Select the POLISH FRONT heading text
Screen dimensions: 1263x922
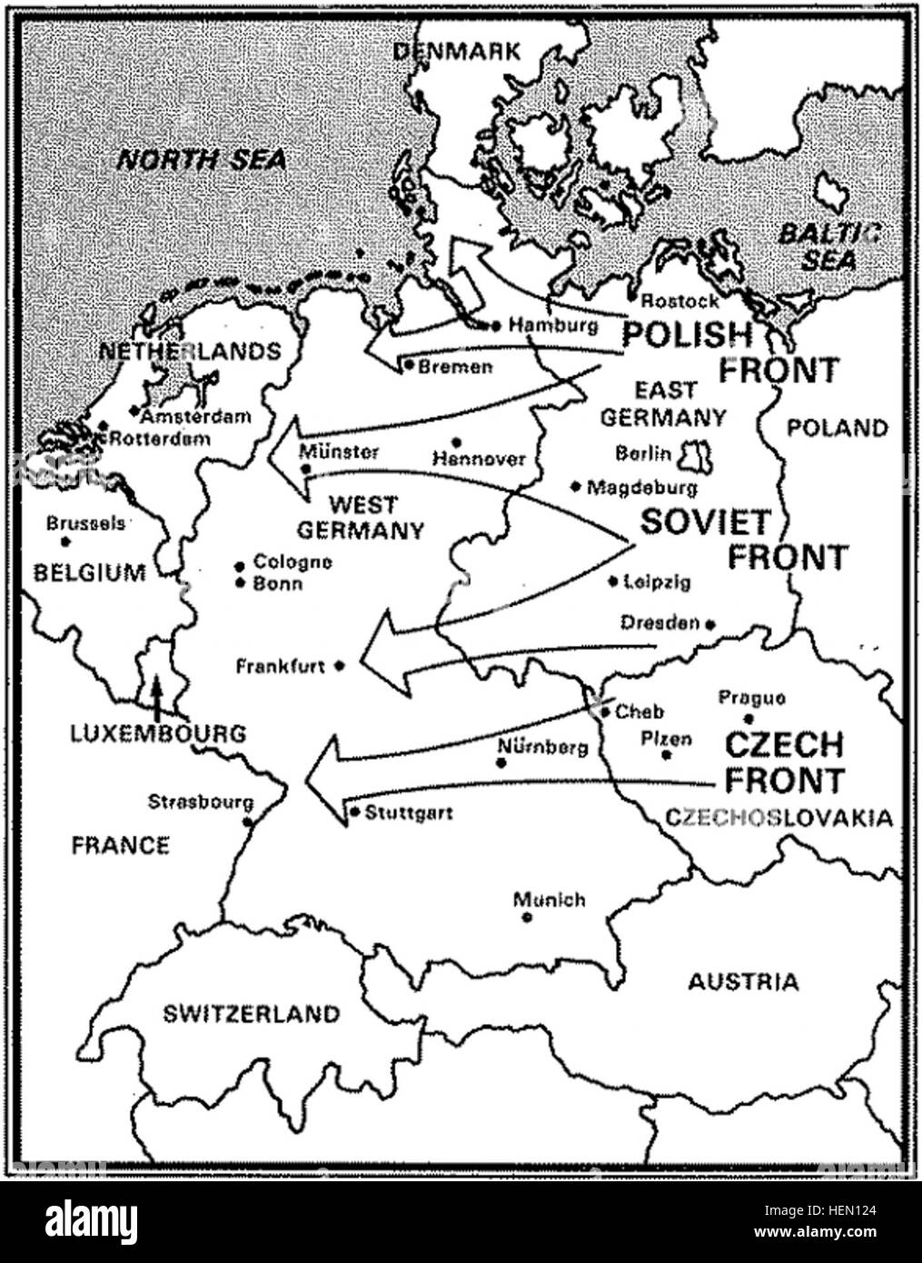[729, 352]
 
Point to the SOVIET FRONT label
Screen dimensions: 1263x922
[744, 539]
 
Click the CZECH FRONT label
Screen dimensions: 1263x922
[784, 762]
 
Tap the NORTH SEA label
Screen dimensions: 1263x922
[202, 161]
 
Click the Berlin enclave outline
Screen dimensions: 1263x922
[699, 457]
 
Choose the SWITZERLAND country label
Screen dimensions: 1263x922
[251, 1014]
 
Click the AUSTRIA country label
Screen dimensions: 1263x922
[743, 981]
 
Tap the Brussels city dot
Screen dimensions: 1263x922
[65, 542]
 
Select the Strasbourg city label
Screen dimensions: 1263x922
[201, 802]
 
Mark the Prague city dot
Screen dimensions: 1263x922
[749, 719]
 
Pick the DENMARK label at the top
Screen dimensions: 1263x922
[457, 51]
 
